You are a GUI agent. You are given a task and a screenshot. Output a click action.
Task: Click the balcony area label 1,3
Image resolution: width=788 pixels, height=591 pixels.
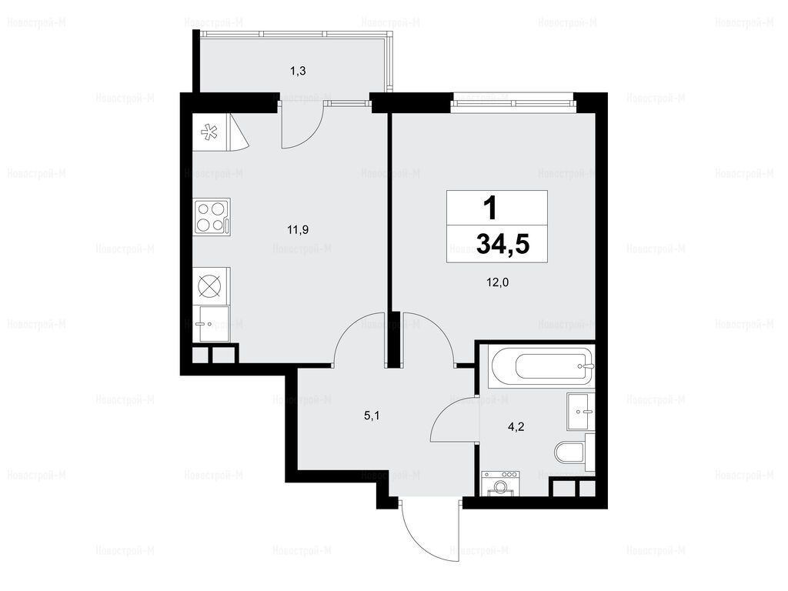pos(298,71)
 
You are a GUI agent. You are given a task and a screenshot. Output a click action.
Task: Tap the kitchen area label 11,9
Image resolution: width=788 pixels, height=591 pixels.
pos(298,230)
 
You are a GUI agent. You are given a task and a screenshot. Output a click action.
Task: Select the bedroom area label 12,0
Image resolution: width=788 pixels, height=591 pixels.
pos(498,282)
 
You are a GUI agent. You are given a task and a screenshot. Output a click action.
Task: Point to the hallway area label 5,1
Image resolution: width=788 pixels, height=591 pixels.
pos(372,416)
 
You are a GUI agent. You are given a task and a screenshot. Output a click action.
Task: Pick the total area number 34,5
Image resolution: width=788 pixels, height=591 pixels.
pos(503,245)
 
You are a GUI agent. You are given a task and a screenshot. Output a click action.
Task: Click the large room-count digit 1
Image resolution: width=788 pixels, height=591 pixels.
pos(490,208)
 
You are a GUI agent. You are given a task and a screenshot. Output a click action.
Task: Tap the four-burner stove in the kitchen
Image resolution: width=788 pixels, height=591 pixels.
pos(212,217)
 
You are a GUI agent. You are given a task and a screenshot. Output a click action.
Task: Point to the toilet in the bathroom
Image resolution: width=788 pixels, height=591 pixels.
pos(570,452)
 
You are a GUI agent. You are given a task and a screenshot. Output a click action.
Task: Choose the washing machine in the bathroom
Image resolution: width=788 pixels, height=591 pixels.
pos(500,483)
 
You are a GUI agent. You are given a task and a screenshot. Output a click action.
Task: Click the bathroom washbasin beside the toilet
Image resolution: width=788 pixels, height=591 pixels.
pos(581,412)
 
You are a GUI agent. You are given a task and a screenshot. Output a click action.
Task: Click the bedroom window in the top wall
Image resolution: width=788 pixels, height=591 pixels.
pos(513,102)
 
